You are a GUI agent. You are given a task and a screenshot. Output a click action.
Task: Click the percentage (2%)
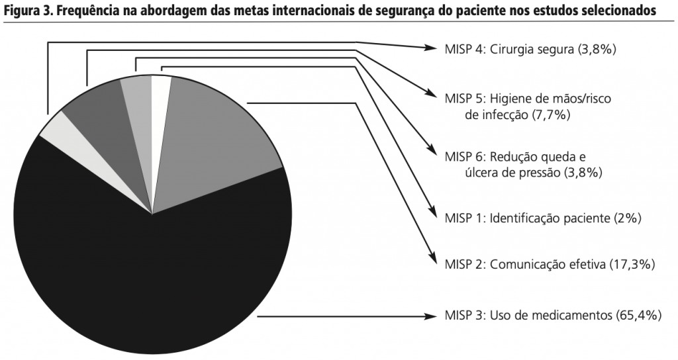click(x=626, y=217)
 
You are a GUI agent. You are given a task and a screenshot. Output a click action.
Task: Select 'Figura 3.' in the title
click(x=24, y=11)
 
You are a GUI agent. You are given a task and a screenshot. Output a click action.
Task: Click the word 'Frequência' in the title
click(x=82, y=11)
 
